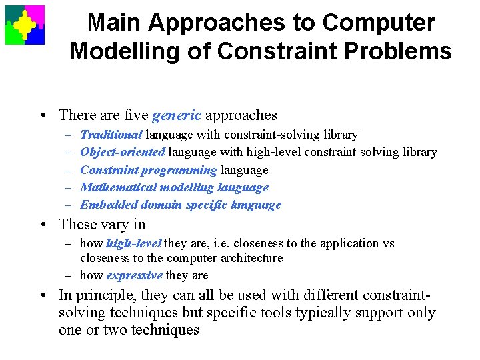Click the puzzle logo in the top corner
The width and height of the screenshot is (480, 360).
25,25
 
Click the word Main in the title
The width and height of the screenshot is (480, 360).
115,23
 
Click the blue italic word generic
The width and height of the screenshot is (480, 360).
176,115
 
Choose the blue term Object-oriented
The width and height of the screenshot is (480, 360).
123,152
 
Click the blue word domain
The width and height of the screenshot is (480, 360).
153,205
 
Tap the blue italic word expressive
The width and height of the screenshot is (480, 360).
134,275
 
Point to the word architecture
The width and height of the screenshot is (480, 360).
249,258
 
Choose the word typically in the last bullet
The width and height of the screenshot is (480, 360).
306,313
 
